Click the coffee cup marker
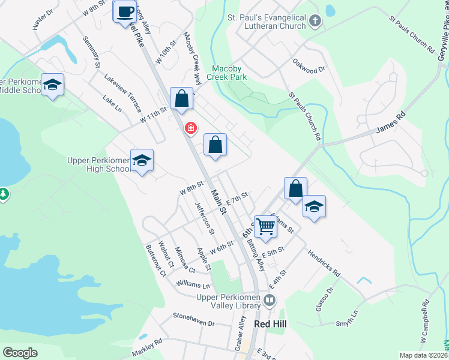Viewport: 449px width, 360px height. tap(125, 12)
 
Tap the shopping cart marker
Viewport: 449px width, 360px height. tap(265, 226)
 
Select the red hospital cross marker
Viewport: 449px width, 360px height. tap(191, 128)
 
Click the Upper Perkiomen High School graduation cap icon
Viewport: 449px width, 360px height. tap(142, 160)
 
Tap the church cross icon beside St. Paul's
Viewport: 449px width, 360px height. tap(315, 23)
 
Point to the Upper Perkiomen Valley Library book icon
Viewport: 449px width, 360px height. tap(271, 300)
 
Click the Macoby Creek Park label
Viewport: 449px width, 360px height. tap(226, 73)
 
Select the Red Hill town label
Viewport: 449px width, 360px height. tap(271, 323)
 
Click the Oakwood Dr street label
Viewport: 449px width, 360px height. tap(309, 65)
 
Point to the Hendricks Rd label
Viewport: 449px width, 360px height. tap(324, 263)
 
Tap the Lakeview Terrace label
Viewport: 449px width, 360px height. tap(122, 93)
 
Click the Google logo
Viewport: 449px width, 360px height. tap(20, 353)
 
